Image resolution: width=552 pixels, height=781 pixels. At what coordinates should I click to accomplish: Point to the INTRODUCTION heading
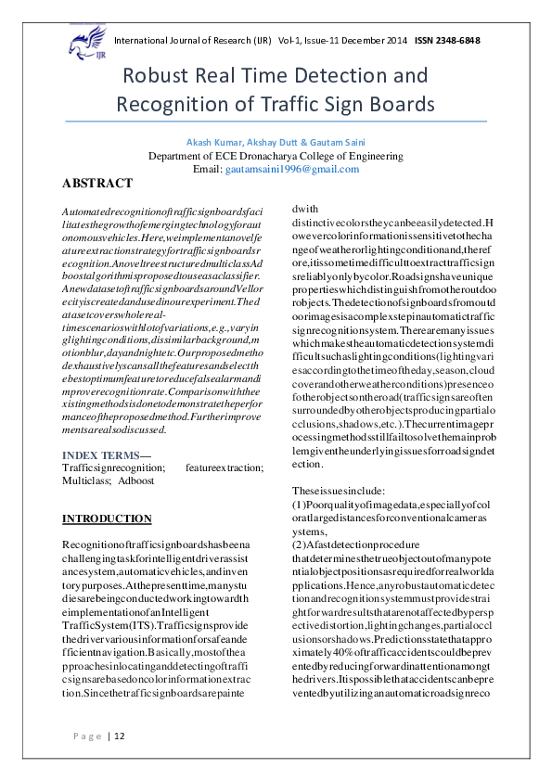tap(106, 519)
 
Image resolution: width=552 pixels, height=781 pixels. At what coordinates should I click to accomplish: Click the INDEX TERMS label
tap(99, 455)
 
